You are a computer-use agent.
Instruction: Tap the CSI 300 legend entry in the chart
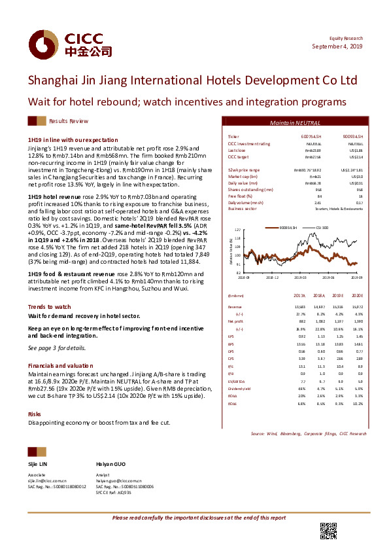click(x=324, y=227)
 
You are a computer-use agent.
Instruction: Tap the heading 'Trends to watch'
click(x=49, y=307)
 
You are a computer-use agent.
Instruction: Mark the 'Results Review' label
click(x=69, y=122)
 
